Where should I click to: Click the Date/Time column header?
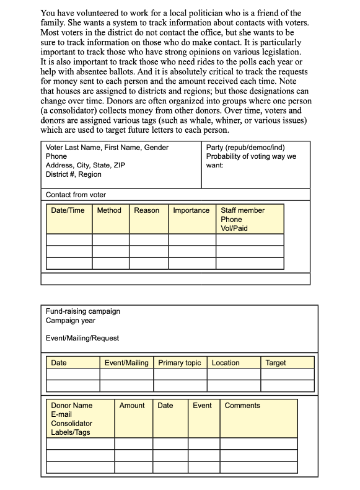click(x=68, y=210)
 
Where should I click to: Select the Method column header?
click(x=109, y=210)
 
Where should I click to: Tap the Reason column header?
click(x=147, y=210)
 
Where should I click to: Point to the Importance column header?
click(x=191, y=210)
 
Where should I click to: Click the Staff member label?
click(x=242, y=210)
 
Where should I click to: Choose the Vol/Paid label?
click(x=234, y=228)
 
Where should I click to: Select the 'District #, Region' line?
click(x=73, y=175)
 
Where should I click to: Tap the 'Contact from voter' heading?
click(x=76, y=195)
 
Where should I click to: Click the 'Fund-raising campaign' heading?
click(x=82, y=311)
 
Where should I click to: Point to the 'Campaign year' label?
click(x=70, y=321)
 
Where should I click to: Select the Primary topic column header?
click(x=180, y=363)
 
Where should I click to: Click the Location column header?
click(x=226, y=363)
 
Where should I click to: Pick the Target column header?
click(x=275, y=363)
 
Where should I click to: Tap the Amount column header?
click(x=132, y=406)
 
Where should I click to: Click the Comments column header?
click(x=242, y=406)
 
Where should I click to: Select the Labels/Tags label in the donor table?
click(x=70, y=432)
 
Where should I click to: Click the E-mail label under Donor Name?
click(x=61, y=414)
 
